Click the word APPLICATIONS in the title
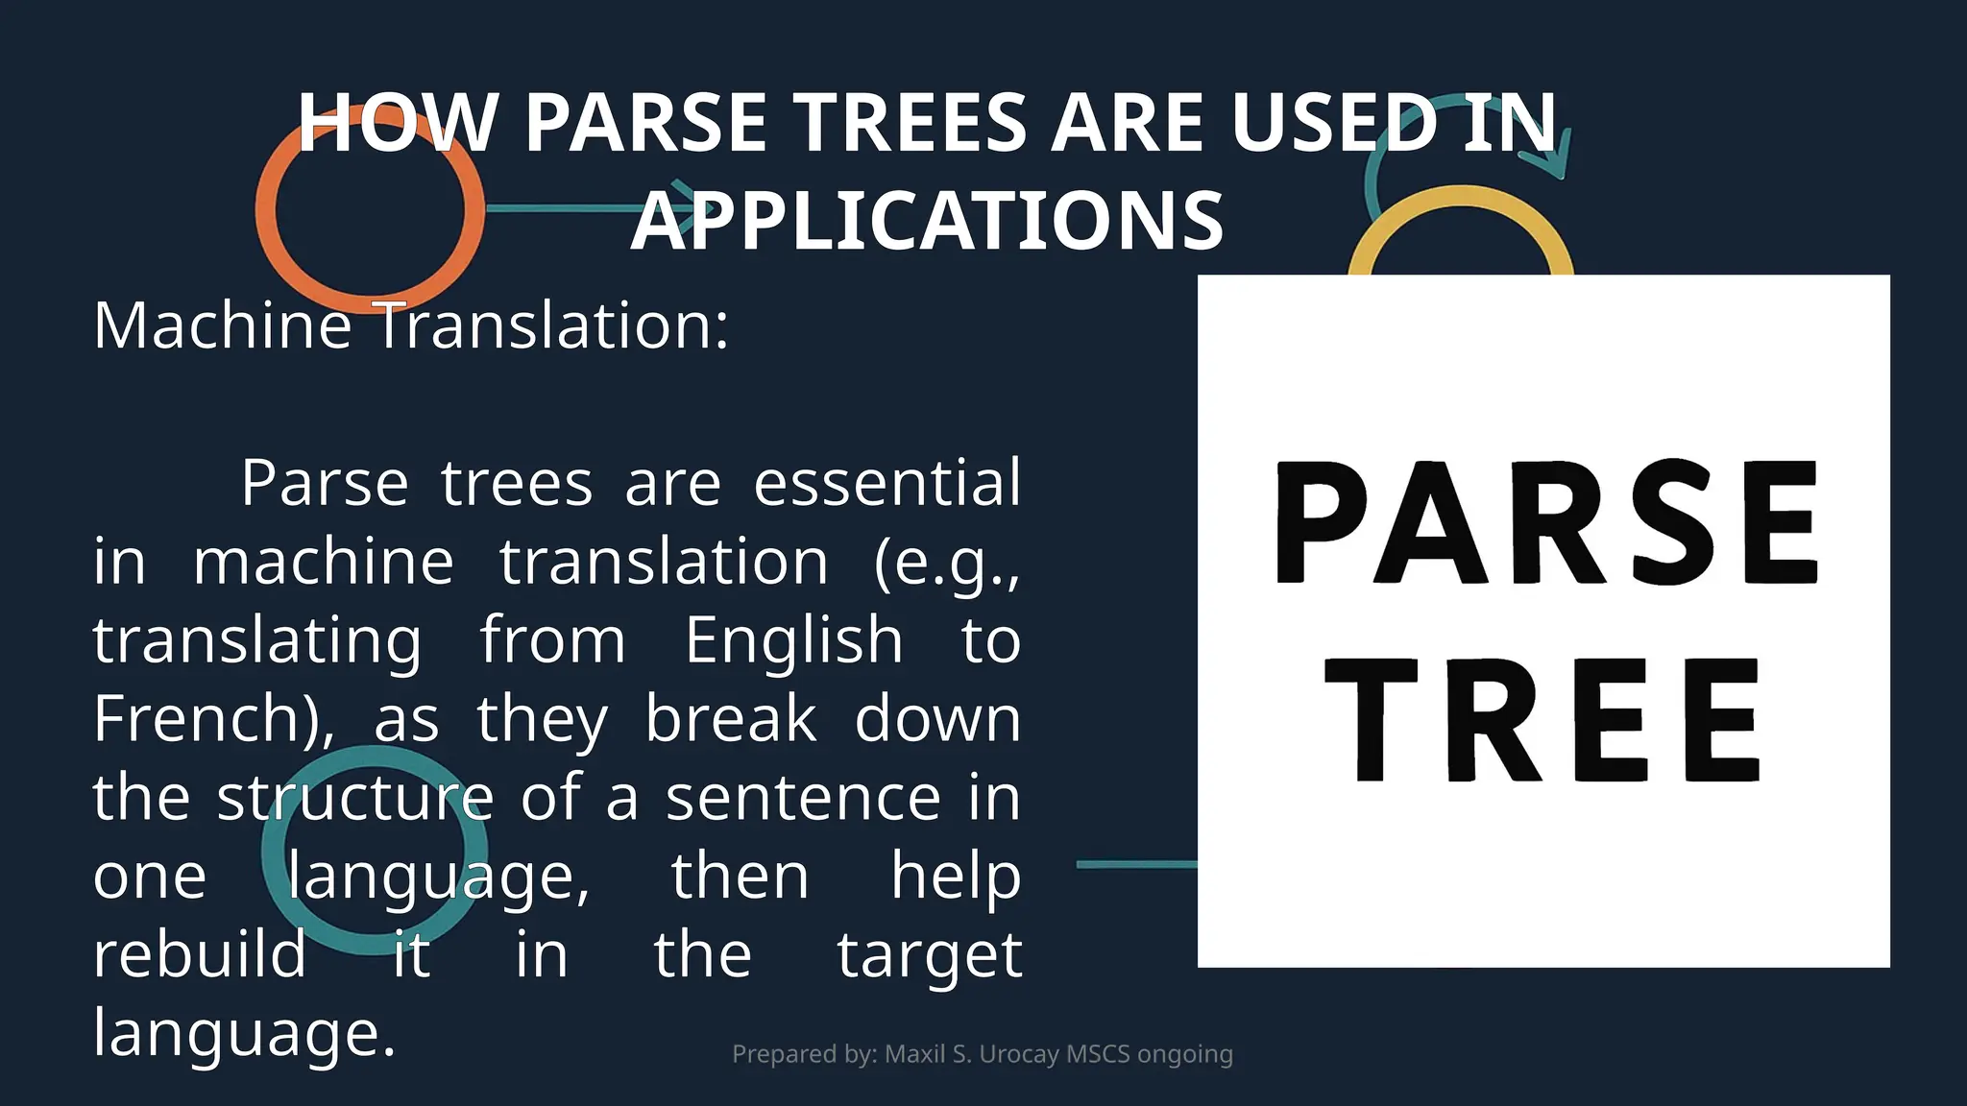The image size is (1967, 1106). pos(927,222)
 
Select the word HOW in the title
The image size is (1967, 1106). pos(397,123)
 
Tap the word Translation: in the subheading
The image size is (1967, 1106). pos(552,325)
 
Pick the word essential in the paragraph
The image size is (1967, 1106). pos(886,483)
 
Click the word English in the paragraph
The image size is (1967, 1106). pos(793,640)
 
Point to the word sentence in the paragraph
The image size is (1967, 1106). pos(803,798)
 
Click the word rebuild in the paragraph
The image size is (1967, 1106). pos(200,954)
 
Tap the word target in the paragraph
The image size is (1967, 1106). pos(929,956)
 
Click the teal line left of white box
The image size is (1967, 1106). pos(1136,864)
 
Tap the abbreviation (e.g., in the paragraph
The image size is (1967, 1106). pos(946,564)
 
